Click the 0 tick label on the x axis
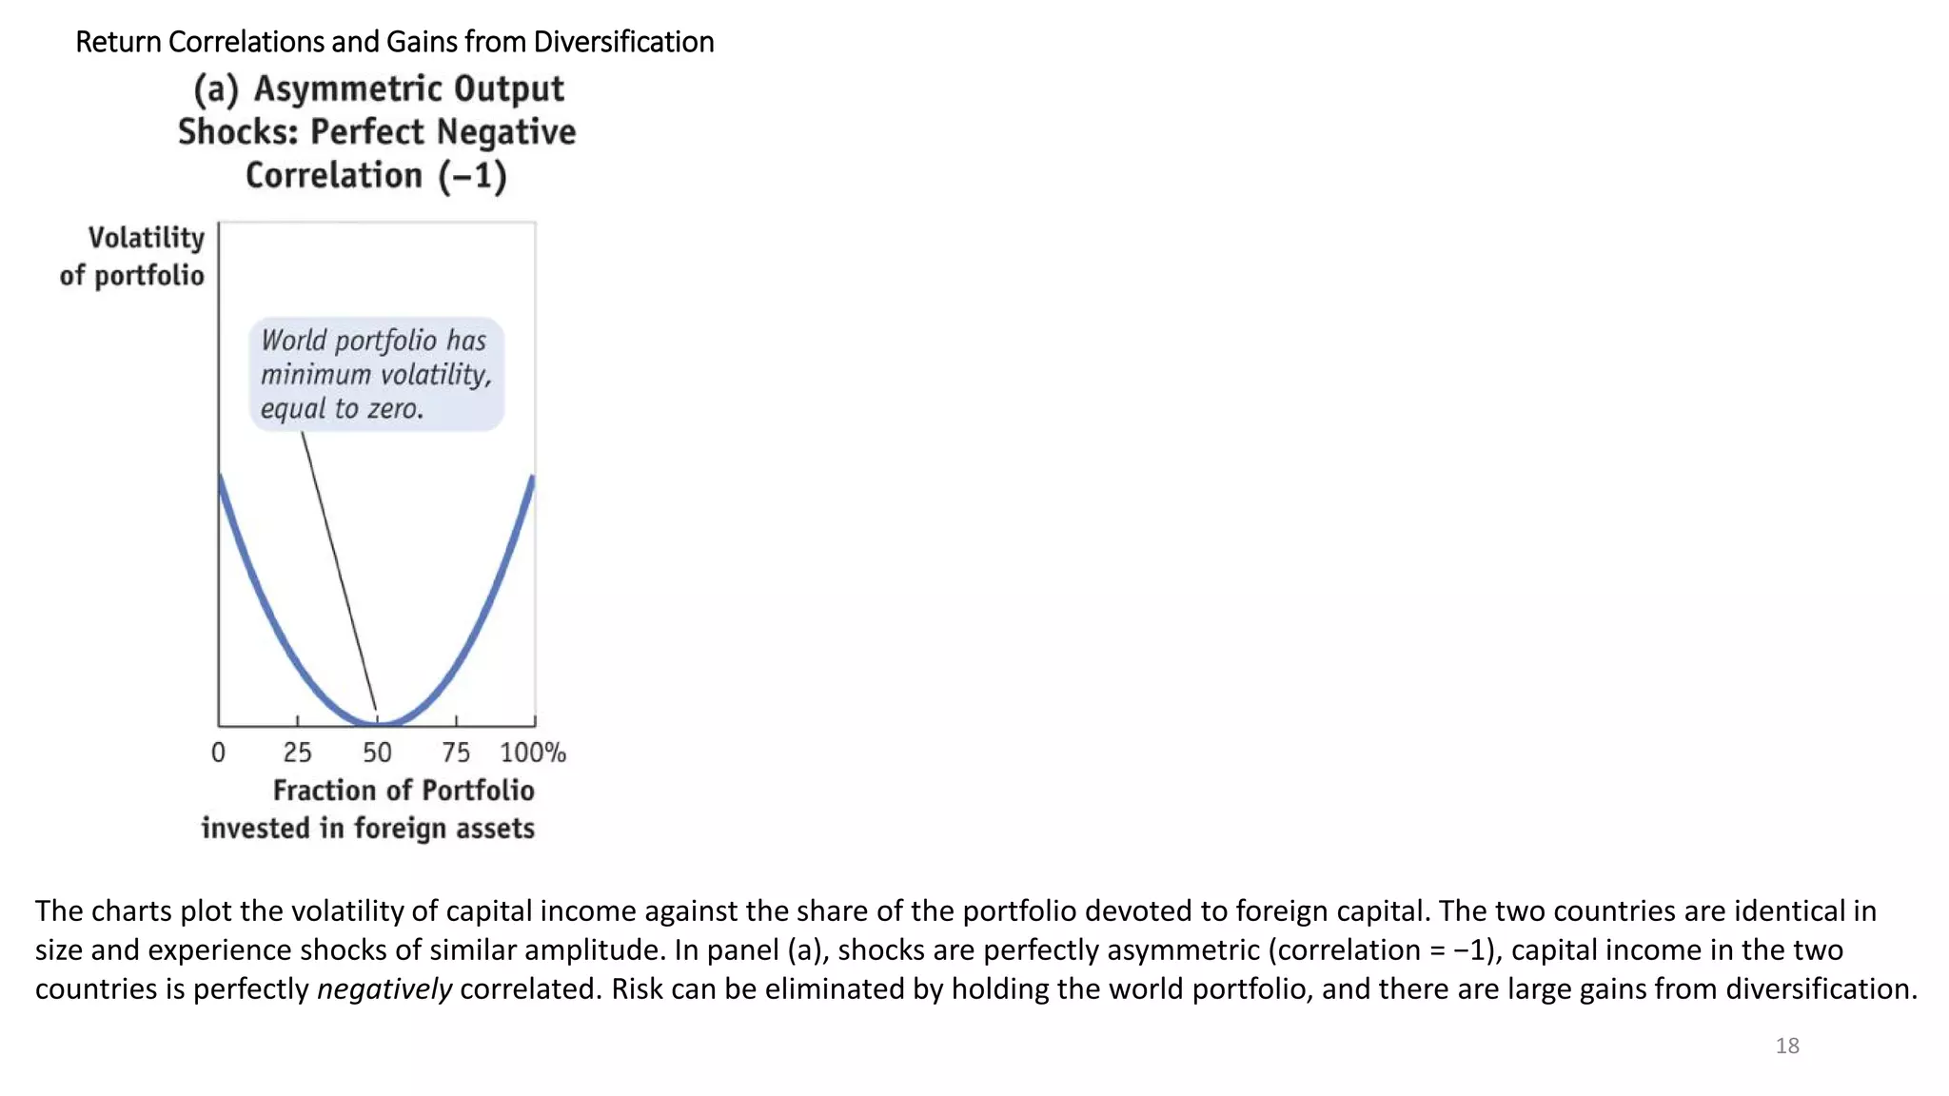click(x=218, y=753)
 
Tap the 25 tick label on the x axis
click(x=297, y=753)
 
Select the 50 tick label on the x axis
click(x=377, y=753)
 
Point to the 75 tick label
click(x=456, y=753)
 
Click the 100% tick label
click(x=533, y=753)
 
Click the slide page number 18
click(x=1786, y=1046)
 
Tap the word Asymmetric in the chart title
click(x=408, y=88)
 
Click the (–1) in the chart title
click(x=472, y=176)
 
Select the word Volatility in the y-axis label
click(x=147, y=238)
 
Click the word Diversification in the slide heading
click(x=623, y=42)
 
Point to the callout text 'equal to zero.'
click(x=342, y=409)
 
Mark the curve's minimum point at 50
click(x=378, y=723)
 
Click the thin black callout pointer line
click(x=338, y=571)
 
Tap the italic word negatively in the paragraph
click(x=384, y=988)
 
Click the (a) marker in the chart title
click(x=215, y=88)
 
